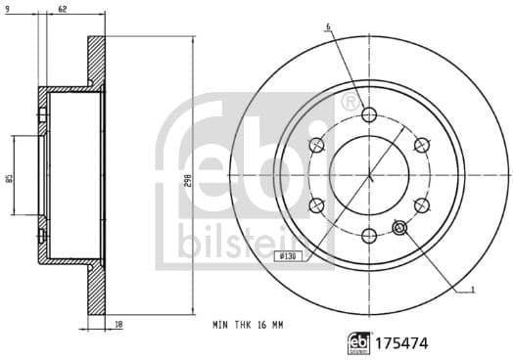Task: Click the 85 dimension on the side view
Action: click(10, 177)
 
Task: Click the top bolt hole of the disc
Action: click(369, 114)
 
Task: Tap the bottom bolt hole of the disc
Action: click(369, 236)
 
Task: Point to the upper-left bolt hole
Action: click(316, 146)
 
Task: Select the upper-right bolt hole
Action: click(422, 146)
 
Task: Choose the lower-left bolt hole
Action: click(316, 205)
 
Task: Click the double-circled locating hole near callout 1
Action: click(399, 229)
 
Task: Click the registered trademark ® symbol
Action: click(348, 102)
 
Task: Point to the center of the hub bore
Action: click(369, 175)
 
